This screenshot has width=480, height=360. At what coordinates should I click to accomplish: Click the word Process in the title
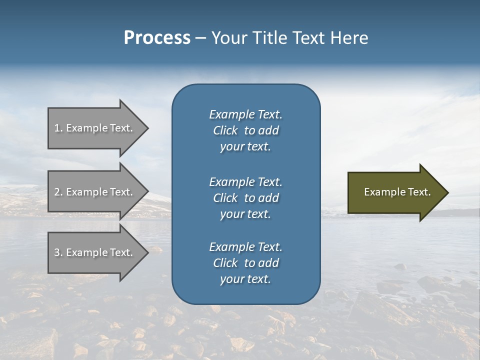point(157,38)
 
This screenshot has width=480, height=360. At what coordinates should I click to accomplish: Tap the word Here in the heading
point(349,38)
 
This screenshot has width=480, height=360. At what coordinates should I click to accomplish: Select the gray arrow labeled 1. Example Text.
point(95,128)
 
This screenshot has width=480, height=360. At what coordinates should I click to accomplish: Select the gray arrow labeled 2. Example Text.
point(95,192)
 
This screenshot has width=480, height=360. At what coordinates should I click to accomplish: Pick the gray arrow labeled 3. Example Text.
point(95,252)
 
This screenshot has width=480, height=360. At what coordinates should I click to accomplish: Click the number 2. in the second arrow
point(58,192)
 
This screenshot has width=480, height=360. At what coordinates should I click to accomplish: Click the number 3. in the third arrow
point(58,252)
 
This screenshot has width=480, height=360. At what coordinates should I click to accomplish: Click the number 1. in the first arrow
point(58,128)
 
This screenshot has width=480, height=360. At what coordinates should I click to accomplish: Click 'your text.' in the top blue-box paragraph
point(245,147)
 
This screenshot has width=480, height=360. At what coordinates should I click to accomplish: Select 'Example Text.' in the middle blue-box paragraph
point(245,182)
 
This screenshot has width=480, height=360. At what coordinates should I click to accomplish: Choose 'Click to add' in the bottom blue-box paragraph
point(245,263)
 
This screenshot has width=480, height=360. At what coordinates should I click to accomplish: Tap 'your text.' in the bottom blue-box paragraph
point(245,279)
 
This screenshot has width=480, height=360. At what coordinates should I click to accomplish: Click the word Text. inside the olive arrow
point(419,192)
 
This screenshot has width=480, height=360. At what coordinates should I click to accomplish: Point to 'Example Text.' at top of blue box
point(245,114)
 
